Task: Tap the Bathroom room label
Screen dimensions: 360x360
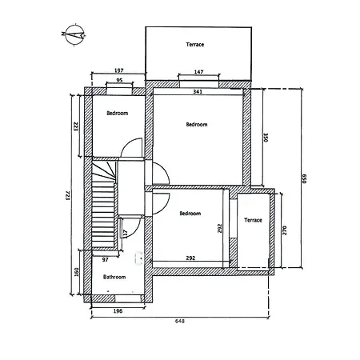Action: tap(114, 277)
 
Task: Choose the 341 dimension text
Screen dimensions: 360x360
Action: tap(198, 92)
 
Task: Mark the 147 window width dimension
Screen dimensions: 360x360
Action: tap(198, 73)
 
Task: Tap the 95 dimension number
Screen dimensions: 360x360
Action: tap(119, 81)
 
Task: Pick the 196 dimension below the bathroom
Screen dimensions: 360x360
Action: tap(118, 311)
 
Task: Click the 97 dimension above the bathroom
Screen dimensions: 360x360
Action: tap(105, 260)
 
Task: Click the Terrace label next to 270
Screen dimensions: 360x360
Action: tap(253, 219)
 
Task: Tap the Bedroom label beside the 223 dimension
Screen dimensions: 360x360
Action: tap(118, 114)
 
